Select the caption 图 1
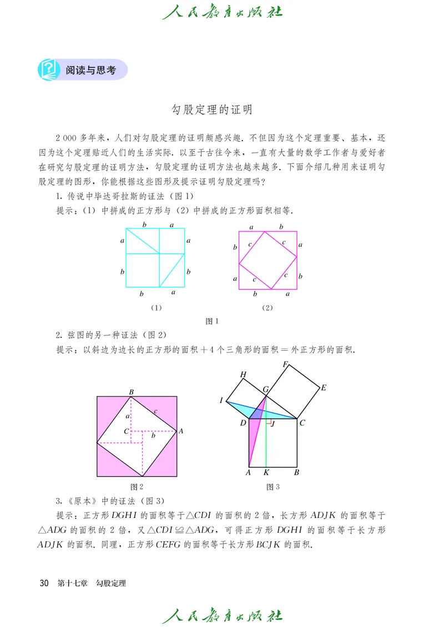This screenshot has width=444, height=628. point(213,321)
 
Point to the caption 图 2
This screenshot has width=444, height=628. point(137,487)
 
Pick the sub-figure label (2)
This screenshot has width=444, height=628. point(268,307)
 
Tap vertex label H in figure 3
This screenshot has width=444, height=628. point(243,375)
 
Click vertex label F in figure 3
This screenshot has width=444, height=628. point(285,365)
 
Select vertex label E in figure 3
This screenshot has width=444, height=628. point(324,387)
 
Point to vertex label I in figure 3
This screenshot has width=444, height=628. point(221,401)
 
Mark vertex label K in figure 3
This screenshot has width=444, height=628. point(266,473)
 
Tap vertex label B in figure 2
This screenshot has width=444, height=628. point(132,392)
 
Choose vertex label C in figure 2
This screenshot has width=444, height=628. point(127,431)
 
